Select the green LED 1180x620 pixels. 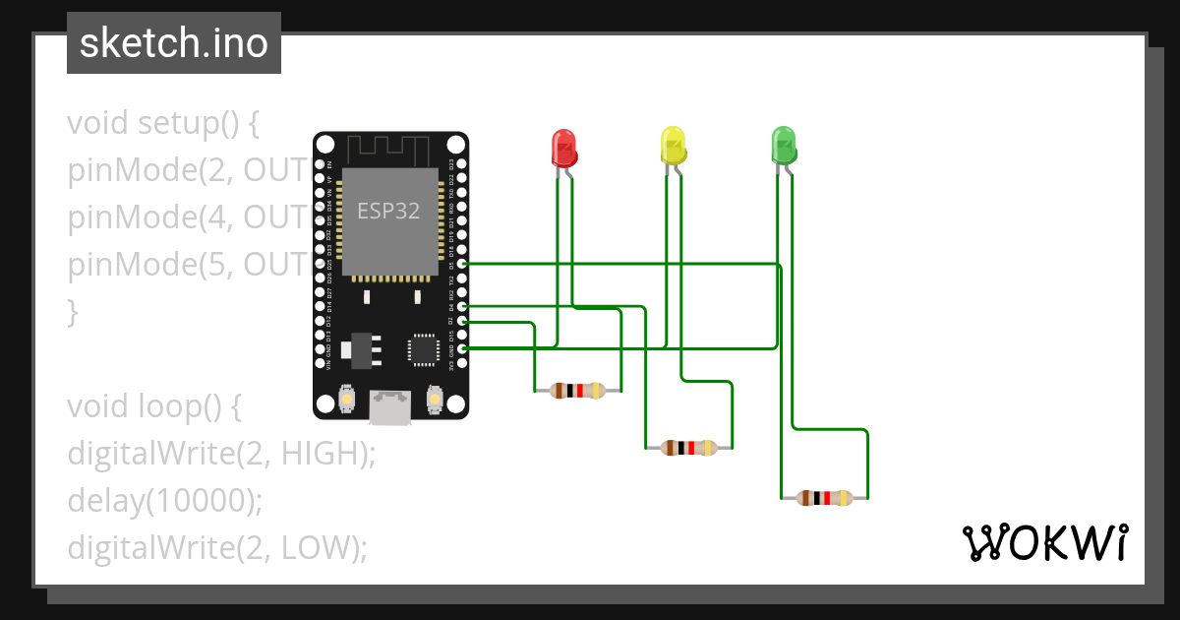click(784, 146)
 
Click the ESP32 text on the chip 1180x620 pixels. click(388, 212)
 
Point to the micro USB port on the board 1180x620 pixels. click(390, 406)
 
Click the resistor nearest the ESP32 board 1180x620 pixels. click(577, 391)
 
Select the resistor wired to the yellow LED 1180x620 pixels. click(688, 448)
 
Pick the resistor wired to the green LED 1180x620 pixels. click(824, 498)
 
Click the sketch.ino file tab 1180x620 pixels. click(174, 43)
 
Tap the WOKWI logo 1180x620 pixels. click(1044, 543)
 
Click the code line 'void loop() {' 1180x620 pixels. click(153, 405)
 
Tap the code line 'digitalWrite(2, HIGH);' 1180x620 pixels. click(222, 453)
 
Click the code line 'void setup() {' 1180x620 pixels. click(162, 124)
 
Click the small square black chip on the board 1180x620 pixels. click(423, 348)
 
